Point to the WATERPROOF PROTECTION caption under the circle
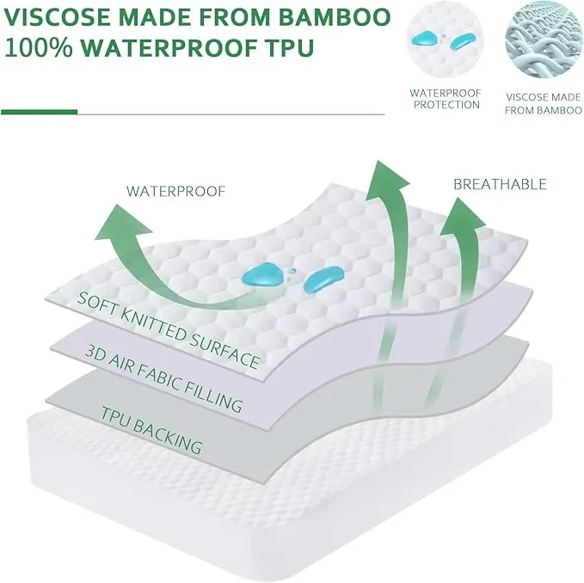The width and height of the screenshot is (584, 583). [x=444, y=98]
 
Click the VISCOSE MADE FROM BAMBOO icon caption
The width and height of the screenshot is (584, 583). [x=538, y=103]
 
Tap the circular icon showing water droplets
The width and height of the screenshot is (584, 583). [x=444, y=42]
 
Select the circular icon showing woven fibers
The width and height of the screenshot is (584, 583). [x=538, y=42]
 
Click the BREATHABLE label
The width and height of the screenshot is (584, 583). [x=499, y=184]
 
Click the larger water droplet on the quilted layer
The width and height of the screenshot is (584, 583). [x=266, y=273]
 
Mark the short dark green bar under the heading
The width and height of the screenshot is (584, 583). [x=40, y=112]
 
